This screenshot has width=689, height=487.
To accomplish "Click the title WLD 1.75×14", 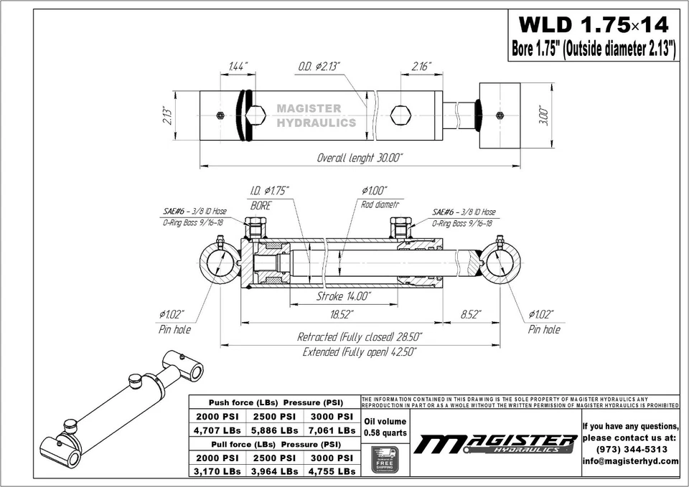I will (593, 25).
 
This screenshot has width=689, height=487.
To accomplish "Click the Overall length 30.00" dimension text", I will (365, 157).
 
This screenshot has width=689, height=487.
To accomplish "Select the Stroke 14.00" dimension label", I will (343, 296).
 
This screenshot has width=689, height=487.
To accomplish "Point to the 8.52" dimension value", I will (470, 315).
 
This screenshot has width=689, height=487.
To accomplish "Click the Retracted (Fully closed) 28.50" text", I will (360, 336).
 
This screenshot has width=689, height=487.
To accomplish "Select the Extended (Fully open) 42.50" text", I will (360, 351).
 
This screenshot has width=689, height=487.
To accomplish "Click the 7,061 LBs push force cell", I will (331, 430).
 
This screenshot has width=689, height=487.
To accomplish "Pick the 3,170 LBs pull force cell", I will (217, 471).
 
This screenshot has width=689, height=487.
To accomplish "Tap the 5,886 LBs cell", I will (274, 430).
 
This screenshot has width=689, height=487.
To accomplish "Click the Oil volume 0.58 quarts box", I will (385, 427).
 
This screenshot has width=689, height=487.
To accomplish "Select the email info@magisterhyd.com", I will (630, 461).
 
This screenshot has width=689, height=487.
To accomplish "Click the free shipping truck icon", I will (385, 459).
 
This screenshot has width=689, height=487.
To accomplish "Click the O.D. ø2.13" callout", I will (319, 67).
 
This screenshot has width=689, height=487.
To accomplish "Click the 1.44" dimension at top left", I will (238, 67).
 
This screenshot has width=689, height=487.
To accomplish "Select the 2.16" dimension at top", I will (421, 67).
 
